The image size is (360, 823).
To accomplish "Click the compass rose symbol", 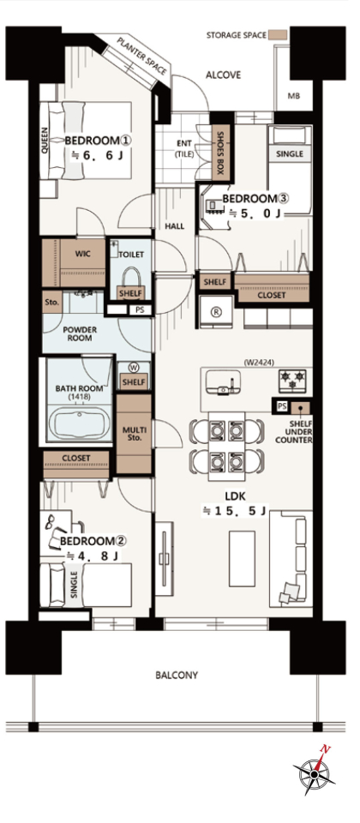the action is (x=315, y=773).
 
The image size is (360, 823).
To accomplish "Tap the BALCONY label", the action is (x=177, y=675).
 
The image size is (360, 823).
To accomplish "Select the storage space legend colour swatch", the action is (x=278, y=34).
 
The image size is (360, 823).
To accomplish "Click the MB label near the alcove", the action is (x=293, y=96).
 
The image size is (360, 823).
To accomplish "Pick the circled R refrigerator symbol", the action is (x=214, y=310).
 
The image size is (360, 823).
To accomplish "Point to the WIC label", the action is (x=83, y=254).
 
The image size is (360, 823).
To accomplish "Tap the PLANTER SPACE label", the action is (x=142, y=57).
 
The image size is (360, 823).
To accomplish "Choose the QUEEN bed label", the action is (x=44, y=141).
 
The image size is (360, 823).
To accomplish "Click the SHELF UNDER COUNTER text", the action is (x=294, y=432).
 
